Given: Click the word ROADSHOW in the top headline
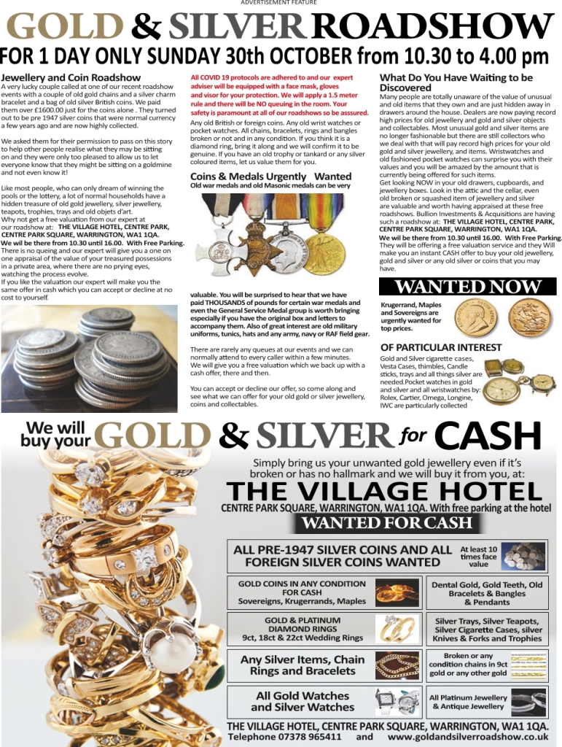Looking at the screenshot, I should (431, 27).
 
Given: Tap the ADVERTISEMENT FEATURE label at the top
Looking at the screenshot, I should (278, 3).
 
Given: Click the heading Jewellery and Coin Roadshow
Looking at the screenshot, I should (71, 77).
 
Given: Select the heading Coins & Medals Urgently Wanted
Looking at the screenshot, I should (270, 177).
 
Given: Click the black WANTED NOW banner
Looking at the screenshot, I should (469, 286).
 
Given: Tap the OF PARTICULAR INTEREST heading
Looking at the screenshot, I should (441, 347).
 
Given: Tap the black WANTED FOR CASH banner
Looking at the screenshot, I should (387, 523).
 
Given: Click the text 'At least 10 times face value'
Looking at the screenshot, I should (479, 556).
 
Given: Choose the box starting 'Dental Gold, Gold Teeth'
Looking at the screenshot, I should (487, 593).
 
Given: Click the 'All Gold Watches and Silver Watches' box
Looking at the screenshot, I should (303, 701).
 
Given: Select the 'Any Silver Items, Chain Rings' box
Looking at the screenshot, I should (303, 665).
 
